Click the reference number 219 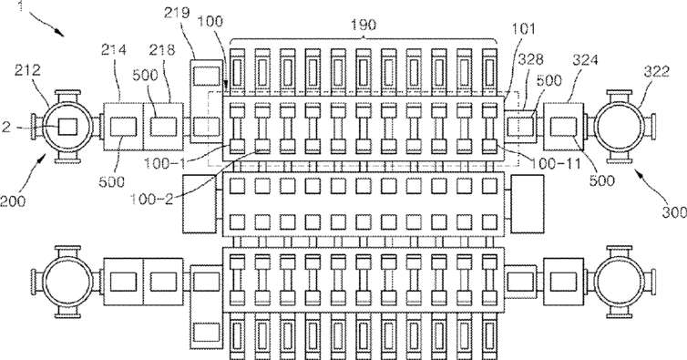(177, 12)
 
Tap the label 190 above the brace (364, 25)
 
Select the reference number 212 (27, 69)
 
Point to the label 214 (114, 49)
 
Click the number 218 (161, 49)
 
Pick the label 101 (524, 29)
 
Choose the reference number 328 (531, 59)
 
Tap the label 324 (585, 59)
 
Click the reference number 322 (656, 71)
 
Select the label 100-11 (556, 164)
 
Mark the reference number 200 (13, 201)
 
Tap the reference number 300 (674, 212)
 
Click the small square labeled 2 (68, 128)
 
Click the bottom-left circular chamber (68, 282)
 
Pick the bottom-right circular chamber (619, 282)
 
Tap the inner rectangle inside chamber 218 (163, 127)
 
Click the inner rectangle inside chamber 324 (564, 127)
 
